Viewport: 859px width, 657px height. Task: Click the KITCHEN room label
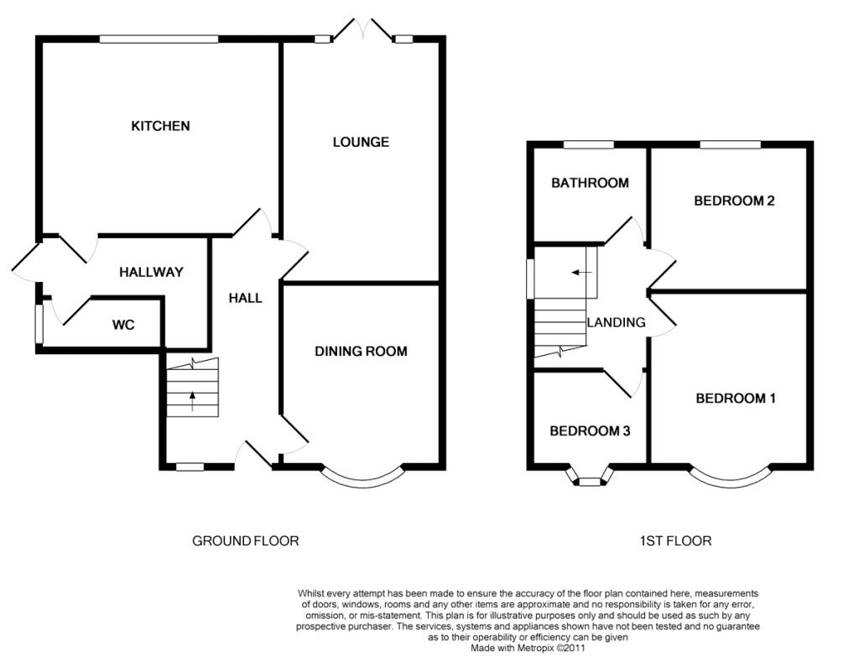[160, 126]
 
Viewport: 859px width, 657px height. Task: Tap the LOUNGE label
[361, 142]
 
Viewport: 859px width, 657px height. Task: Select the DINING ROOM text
[361, 352]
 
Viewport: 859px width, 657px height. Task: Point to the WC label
[123, 325]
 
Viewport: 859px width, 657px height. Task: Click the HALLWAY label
[151, 272]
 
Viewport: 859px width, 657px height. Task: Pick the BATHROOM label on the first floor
[590, 182]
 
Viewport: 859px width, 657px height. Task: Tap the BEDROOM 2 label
[734, 201]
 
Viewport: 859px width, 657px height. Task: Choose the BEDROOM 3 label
[590, 430]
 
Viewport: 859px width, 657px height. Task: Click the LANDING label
[616, 322]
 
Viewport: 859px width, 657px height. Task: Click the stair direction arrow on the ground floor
[192, 401]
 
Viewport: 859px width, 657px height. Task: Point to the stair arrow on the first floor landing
[581, 273]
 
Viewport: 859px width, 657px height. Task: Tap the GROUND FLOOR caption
[246, 541]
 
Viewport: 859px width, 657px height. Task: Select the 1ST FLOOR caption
[675, 541]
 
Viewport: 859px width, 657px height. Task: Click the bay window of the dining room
[363, 484]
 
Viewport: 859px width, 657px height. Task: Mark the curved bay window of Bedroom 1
[731, 484]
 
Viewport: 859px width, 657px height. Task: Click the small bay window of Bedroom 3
[590, 482]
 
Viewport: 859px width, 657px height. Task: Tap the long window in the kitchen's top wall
[159, 39]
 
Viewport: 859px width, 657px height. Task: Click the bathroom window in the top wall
[589, 144]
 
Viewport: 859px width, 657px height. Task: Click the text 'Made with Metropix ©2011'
[528, 648]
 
